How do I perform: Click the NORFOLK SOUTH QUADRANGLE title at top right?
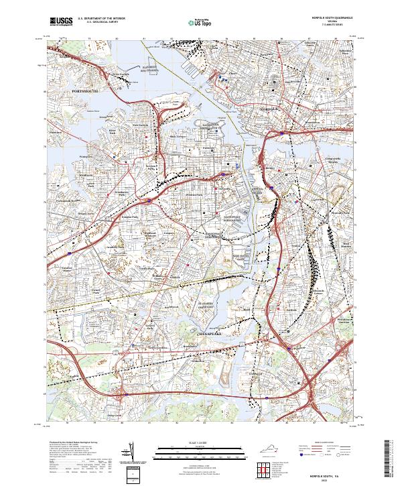[x=334, y=18]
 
